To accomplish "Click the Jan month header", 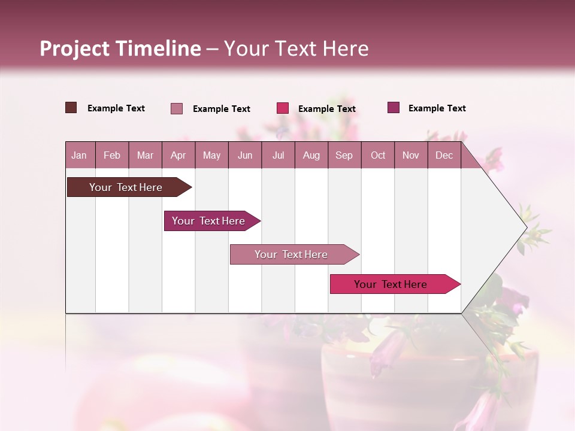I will [79, 155].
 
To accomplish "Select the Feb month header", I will [112, 155].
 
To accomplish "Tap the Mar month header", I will [145, 155].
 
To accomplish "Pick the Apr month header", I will [178, 155].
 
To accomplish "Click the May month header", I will [211, 155].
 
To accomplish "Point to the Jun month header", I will [245, 155].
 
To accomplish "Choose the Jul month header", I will [278, 155].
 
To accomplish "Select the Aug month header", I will [311, 155].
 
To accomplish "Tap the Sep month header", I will [344, 155].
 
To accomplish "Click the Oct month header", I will [378, 155].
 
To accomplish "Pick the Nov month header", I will [411, 155].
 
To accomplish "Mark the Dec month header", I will [444, 155].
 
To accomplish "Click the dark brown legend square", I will [71, 108].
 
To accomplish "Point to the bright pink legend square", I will [283, 108].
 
